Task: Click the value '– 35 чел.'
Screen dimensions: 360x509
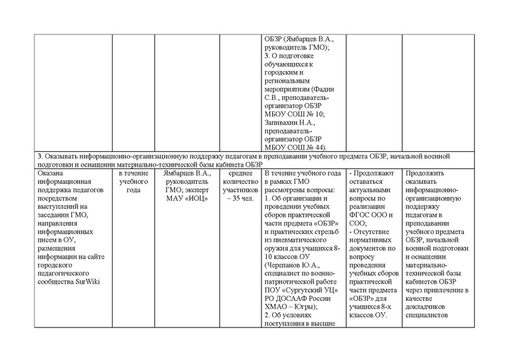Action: [238, 198]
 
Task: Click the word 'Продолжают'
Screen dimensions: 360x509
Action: [375, 173]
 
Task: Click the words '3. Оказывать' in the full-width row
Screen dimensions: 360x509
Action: [57, 156]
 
